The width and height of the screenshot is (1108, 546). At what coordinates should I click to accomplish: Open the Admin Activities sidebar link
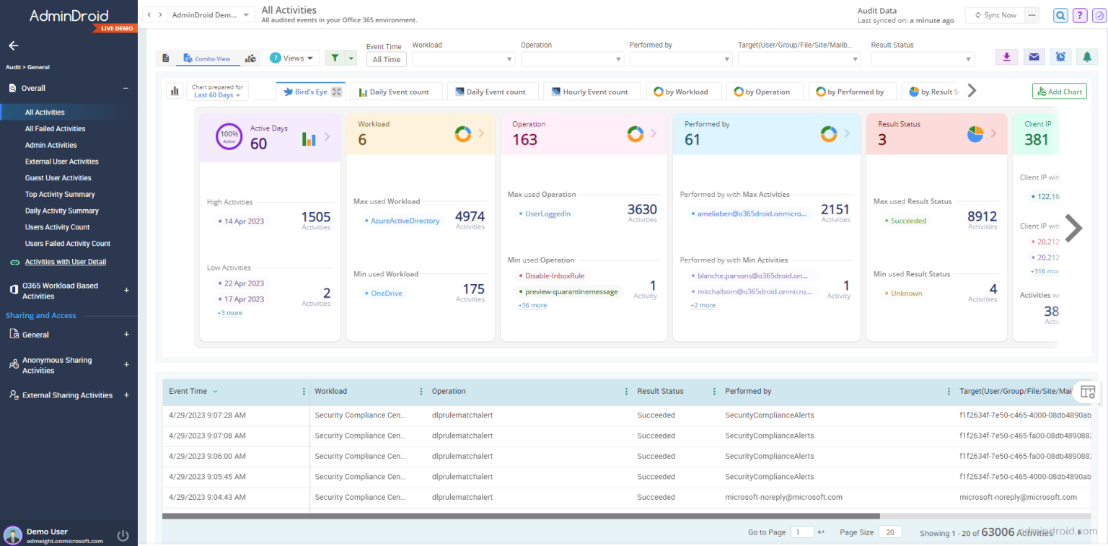click(50, 145)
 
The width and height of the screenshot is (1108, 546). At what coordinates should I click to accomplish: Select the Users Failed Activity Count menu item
click(68, 244)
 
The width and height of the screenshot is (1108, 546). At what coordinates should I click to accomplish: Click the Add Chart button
click(1059, 92)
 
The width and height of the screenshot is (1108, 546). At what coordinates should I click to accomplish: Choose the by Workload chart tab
click(681, 92)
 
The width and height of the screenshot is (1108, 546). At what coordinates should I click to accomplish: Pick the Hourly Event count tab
click(589, 92)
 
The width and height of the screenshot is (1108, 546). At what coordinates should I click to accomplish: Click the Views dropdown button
click(291, 58)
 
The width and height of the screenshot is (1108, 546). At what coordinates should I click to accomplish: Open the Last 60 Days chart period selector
click(217, 94)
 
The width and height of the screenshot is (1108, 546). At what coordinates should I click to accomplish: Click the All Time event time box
click(387, 60)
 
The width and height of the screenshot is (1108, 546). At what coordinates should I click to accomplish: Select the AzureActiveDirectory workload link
click(405, 221)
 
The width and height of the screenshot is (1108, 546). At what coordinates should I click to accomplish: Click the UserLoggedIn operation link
click(548, 213)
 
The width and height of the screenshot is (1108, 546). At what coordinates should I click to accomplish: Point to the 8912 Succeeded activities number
click(982, 216)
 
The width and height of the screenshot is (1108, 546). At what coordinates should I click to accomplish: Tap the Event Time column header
click(188, 391)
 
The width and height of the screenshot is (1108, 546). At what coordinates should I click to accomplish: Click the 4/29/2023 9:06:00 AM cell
click(207, 456)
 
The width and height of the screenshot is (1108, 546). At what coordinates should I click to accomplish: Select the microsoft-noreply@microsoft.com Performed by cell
click(783, 497)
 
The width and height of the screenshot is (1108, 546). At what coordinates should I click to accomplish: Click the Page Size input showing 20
click(890, 532)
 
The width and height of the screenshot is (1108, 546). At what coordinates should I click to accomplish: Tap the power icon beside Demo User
click(123, 535)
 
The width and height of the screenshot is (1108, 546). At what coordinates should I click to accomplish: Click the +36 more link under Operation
click(532, 306)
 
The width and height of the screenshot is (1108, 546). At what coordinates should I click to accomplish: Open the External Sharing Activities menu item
click(67, 395)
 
